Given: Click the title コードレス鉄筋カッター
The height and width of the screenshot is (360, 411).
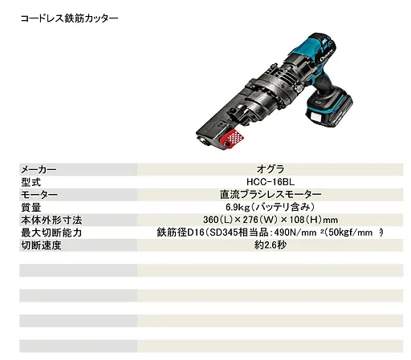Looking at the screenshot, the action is click(69, 18).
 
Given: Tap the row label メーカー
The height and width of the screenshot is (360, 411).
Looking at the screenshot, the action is click(39, 169).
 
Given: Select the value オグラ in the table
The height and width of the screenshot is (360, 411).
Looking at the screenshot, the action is click(271, 169).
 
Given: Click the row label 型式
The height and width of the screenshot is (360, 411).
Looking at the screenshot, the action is click(31, 182).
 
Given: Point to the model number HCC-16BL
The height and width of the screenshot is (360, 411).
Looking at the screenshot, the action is click(271, 182).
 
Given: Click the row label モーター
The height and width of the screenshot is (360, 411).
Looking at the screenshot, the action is click(39, 195).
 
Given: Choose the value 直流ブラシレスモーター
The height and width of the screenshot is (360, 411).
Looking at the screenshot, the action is click(271, 195).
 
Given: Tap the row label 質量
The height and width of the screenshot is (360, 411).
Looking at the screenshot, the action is click(31, 208).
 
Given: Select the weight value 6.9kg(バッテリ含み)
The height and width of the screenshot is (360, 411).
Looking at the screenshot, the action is click(271, 207).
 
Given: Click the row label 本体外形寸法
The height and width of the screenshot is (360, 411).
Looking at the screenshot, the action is click(51, 220).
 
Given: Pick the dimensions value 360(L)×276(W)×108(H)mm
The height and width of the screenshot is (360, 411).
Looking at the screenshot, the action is click(271, 220).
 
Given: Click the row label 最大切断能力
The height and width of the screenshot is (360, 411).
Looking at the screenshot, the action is click(51, 233).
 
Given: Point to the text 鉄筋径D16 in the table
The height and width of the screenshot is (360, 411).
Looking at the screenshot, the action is click(181, 233).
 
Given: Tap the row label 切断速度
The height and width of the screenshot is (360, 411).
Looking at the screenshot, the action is click(41, 245).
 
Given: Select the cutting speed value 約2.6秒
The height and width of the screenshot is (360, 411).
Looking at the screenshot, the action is click(271, 245).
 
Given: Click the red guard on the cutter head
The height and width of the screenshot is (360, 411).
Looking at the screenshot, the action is click(231, 139).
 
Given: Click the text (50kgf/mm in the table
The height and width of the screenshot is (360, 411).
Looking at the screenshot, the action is click(349, 233).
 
